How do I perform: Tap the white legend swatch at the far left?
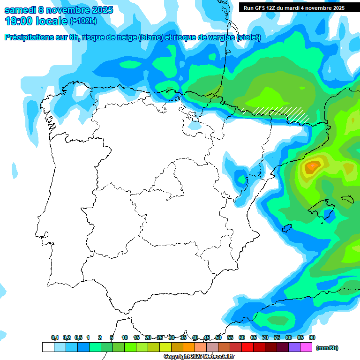point(48,347)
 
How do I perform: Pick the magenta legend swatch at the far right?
point(307,347)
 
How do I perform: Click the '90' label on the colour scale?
point(312,337)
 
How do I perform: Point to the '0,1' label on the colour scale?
point(55,337)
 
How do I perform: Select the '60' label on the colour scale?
point(242,337)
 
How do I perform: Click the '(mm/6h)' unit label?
point(327,348)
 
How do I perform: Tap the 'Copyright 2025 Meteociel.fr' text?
point(199,356)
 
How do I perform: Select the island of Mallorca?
point(323,207)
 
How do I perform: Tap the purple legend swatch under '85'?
point(295,347)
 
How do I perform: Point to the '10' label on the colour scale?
point(125,337)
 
